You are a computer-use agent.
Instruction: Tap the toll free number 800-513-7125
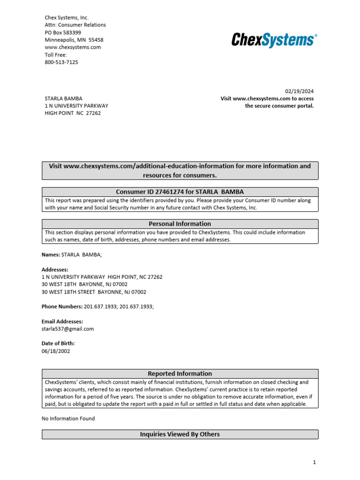[x=61, y=62]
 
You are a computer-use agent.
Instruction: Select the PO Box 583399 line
[x=63, y=32]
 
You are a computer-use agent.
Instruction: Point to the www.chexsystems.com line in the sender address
[x=73, y=47]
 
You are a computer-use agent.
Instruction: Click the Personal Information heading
[x=180, y=224]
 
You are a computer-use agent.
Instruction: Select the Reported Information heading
[x=180, y=374]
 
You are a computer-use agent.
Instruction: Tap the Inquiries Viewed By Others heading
[x=180, y=435]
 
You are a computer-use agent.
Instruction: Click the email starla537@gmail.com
[x=67, y=329]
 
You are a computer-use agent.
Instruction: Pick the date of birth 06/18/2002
[x=56, y=351]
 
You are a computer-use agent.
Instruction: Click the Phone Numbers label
[x=62, y=307]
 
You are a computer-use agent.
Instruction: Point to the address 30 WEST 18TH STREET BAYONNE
[x=94, y=292]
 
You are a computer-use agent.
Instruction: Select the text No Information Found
[x=68, y=419]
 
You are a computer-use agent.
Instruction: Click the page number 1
[x=315, y=463]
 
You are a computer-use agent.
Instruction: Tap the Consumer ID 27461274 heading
[x=180, y=192]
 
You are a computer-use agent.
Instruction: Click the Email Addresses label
[x=62, y=322]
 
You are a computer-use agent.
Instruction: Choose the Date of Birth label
[x=58, y=344]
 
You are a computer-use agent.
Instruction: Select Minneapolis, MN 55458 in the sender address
[x=74, y=40]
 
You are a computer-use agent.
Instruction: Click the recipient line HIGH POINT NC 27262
[x=73, y=113]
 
